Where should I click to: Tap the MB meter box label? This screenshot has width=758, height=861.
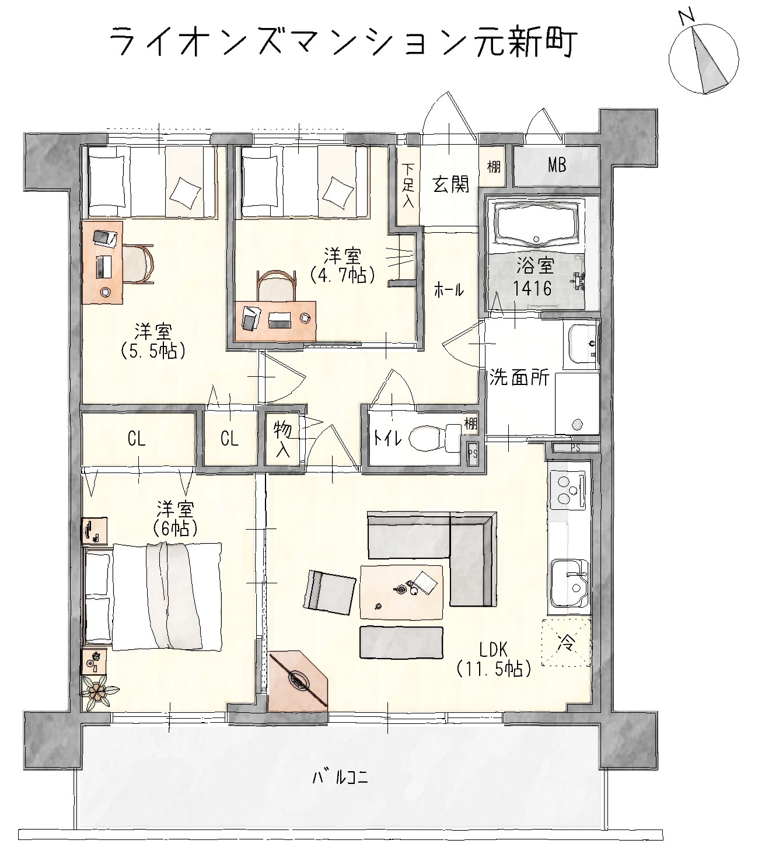[x=557, y=165]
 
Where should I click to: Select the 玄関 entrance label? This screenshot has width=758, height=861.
[x=450, y=184]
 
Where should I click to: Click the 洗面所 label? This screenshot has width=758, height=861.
[x=519, y=377]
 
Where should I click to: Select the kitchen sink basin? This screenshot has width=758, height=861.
[x=570, y=583]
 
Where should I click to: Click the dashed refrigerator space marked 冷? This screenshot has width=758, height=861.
[x=566, y=642]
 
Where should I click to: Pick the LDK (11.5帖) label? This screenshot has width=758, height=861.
[x=494, y=659]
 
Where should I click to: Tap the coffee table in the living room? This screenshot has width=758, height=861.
[x=401, y=591]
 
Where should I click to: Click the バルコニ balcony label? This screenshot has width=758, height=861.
[x=340, y=778]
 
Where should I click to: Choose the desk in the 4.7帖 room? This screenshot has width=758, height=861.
[x=275, y=321]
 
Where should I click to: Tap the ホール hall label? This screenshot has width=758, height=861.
[x=449, y=290]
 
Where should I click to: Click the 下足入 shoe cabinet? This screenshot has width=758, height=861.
[x=408, y=185]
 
